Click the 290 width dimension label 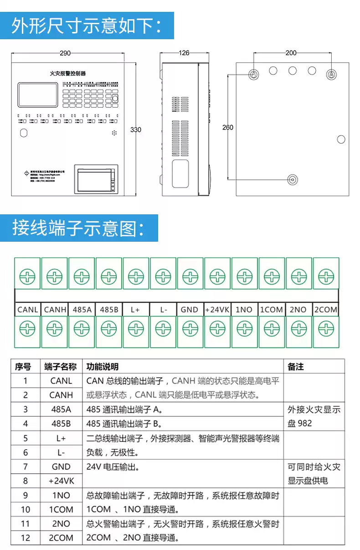(65, 53)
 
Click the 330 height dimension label (136, 130)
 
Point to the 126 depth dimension (184, 53)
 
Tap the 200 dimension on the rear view (291, 53)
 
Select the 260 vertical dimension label (227, 127)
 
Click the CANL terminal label (28, 310)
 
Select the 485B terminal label (109, 310)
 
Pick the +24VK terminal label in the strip (217, 310)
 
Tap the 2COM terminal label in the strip (326, 310)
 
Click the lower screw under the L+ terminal (136, 328)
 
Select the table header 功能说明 (103, 367)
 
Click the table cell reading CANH (61, 394)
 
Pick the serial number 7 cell (26, 467)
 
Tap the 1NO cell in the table (61, 495)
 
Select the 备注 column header (296, 367)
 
